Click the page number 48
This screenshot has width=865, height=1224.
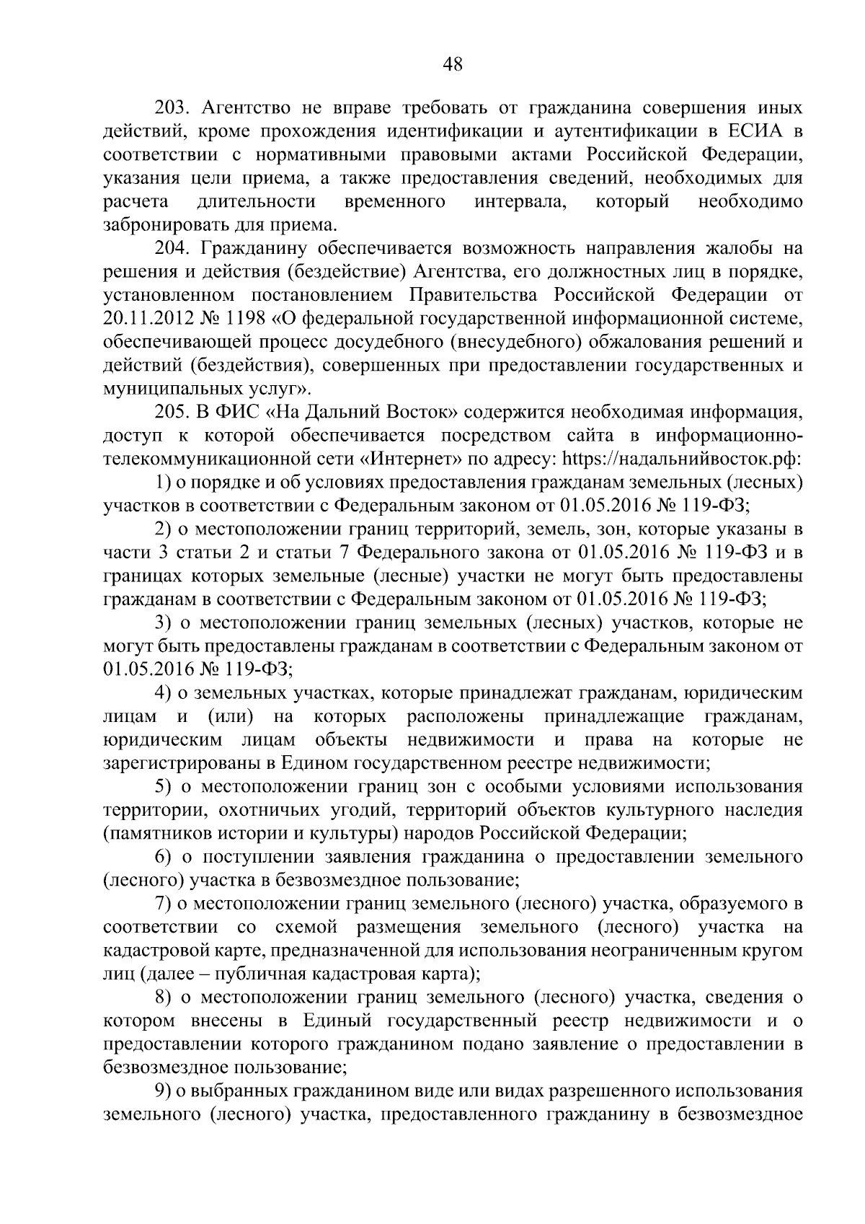[x=453, y=64]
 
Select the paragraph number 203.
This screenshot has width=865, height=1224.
[x=172, y=109]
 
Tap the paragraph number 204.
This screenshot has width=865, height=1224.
[x=172, y=249]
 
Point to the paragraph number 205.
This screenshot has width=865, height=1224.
[x=172, y=413]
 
